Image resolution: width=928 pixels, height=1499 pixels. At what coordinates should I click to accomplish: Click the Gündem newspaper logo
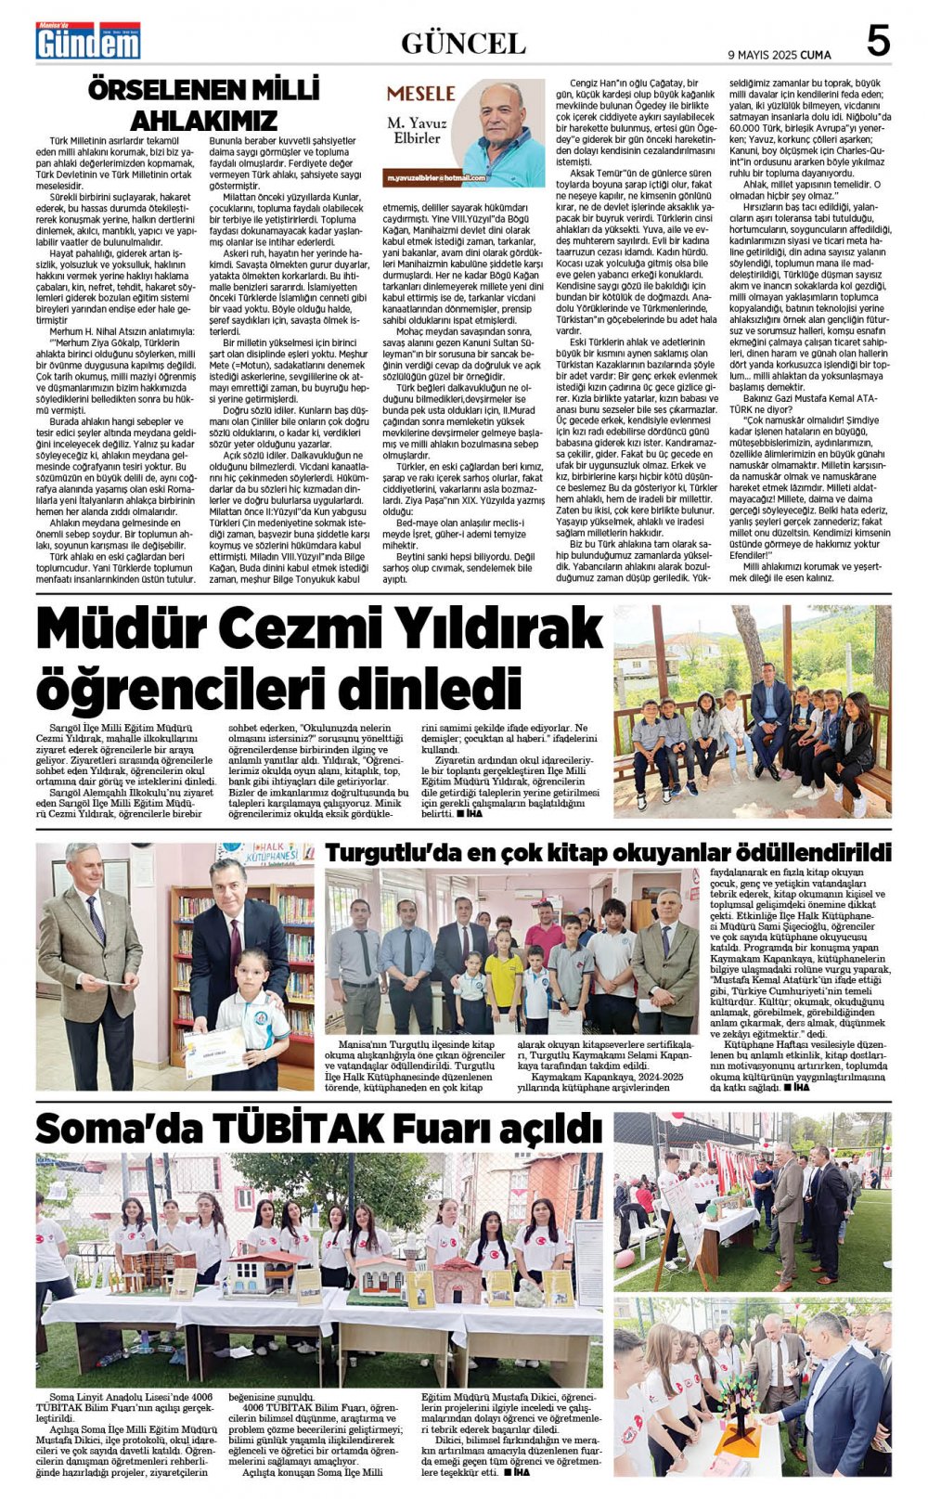pos(88,41)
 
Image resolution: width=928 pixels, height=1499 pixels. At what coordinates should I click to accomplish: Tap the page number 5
pos(876,42)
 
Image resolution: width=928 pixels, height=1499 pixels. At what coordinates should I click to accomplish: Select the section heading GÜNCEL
pos(463,43)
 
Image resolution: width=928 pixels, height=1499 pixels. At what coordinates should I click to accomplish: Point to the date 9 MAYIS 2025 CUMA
pos(780,55)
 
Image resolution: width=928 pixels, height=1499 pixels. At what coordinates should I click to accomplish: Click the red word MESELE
pos(420,94)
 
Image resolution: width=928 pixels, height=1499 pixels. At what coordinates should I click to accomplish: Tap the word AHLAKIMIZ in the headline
pos(203,121)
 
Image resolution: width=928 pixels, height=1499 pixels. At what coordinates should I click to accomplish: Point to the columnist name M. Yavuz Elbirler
pos(417,130)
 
